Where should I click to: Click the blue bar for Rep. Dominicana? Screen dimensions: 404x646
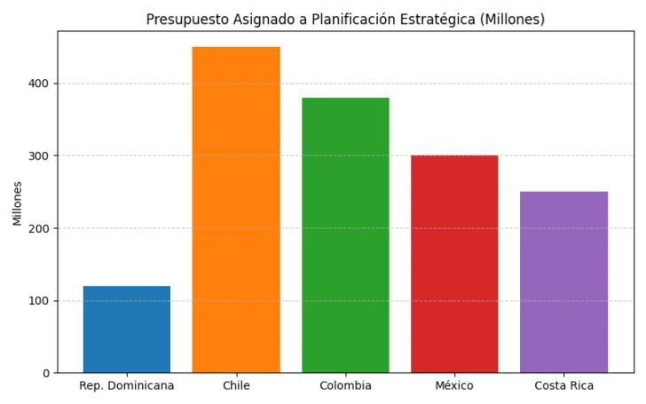pyautogui.click(x=127, y=329)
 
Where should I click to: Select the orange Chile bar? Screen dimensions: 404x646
pyautogui.click(x=236, y=210)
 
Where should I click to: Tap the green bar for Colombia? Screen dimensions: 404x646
pyautogui.click(x=345, y=235)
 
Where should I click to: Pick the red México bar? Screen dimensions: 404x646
pyautogui.click(x=454, y=264)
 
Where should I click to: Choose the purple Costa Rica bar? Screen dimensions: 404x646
pyautogui.click(x=563, y=282)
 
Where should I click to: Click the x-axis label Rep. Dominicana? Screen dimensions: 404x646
pyautogui.click(x=127, y=385)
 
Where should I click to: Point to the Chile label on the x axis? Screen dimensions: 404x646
pyautogui.click(x=236, y=385)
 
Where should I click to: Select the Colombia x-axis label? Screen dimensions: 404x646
pyautogui.click(x=345, y=385)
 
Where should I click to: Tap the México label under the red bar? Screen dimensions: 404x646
pyautogui.click(x=454, y=385)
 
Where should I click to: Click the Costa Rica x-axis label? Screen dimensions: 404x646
pyautogui.click(x=563, y=385)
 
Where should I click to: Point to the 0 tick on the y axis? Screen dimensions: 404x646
pyautogui.click(x=46, y=373)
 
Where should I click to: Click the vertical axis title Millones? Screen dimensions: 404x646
pyautogui.click(x=18, y=203)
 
